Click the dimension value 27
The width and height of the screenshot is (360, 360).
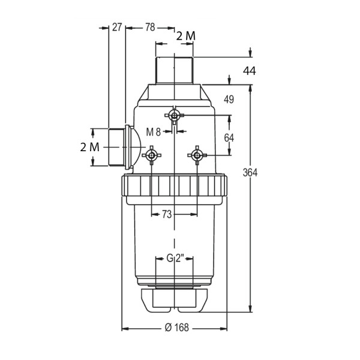[117, 27]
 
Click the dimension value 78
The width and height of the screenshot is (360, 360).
[150, 28]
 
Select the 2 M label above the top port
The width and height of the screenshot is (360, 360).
[186, 36]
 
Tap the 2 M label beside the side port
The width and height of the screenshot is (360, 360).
[90, 147]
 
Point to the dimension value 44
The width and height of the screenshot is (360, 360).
[250, 71]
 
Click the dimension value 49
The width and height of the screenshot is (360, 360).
[229, 100]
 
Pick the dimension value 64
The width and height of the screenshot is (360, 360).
[229, 138]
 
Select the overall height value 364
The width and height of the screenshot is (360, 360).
[250, 172]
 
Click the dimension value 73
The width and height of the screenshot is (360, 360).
[167, 214]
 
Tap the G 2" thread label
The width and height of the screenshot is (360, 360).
[176, 258]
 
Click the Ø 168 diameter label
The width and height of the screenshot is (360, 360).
[177, 328]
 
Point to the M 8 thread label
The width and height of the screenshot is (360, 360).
[154, 132]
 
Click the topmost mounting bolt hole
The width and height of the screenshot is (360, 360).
[175, 115]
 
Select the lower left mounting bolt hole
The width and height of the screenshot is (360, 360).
[152, 155]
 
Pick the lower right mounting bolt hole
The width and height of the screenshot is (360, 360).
[197, 155]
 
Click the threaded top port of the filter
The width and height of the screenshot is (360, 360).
[175, 70]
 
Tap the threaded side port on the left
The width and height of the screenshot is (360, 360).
[116, 147]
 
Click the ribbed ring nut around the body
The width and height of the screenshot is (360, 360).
[175, 185]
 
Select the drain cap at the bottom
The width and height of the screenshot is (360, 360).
[175, 301]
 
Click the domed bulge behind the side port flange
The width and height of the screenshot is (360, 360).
[136, 147]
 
